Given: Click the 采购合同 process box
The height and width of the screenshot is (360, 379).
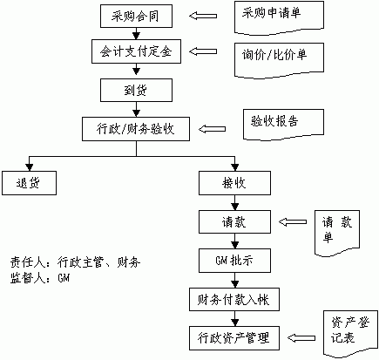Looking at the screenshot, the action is click(136, 16).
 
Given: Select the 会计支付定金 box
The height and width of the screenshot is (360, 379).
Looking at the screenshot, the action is click(136, 51).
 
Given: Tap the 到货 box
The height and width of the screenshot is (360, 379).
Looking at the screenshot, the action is click(136, 90).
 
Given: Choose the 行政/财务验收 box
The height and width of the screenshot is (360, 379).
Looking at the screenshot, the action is click(136, 129).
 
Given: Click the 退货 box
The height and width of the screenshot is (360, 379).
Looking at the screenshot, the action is click(29, 183).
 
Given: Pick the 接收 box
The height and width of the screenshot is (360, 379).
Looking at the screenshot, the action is click(234, 183).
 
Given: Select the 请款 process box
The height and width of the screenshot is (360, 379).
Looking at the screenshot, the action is click(234, 221).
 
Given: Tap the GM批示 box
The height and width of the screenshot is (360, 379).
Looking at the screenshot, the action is click(234, 261).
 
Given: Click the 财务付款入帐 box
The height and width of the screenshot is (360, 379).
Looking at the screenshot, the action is click(234, 299).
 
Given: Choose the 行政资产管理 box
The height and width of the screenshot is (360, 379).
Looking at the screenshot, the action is click(234, 338).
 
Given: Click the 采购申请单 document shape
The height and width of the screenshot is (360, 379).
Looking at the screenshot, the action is click(279, 17).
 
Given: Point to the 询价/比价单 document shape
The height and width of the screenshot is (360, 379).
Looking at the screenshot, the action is click(279, 60).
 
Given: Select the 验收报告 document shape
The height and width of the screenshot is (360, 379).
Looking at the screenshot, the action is click(283, 125).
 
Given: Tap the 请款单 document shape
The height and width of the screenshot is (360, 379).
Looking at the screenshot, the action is click(337, 233).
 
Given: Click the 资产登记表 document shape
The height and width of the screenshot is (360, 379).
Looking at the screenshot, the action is click(351, 334).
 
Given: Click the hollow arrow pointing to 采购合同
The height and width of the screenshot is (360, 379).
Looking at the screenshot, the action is click(203, 16).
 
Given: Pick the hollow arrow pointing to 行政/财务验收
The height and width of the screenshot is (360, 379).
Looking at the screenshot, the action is click(212, 129).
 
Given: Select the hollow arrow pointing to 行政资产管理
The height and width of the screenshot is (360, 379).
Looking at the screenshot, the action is click(301, 338).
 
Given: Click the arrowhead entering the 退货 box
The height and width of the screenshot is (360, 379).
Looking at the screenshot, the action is click(30, 167).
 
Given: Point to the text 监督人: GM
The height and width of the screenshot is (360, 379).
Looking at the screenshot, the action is click(40, 278).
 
